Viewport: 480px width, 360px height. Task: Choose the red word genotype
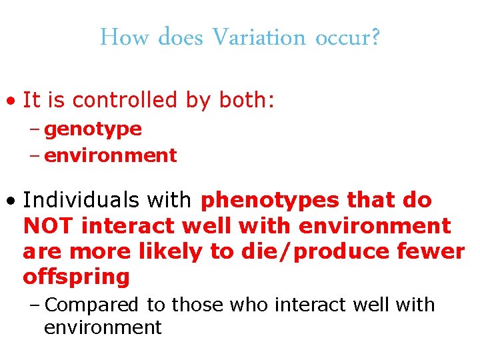[93, 129]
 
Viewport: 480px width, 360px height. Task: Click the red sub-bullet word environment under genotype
[110, 155]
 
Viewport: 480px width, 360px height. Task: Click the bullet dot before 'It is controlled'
[11, 101]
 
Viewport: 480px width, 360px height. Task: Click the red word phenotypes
[267, 201]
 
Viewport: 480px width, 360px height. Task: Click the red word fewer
[431, 251]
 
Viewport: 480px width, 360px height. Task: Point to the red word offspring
[76, 277]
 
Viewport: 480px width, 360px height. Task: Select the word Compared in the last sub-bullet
[92, 305]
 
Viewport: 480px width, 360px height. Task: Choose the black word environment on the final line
[103, 327]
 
